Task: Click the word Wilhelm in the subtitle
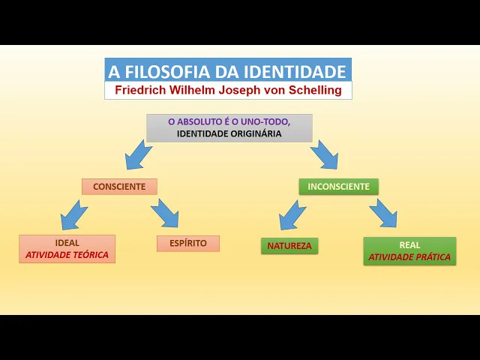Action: (x=193, y=90)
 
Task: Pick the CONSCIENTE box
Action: (x=119, y=187)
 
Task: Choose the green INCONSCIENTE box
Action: (x=338, y=187)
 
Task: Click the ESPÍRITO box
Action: (x=188, y=244)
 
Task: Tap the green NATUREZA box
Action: (x=289, y=245)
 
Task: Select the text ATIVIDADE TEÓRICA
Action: (x=67, y=255)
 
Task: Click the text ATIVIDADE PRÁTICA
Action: (x=409, y=257)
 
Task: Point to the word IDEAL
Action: (x=67, y=243)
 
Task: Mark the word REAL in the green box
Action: (x=409, y=245)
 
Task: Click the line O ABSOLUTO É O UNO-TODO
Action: (x=229, y=121)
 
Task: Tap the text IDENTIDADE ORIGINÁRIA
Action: (x=229, y=134)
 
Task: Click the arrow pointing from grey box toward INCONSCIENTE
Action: (x=323, y=154)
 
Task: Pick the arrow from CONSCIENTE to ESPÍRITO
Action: (x=165, y=213)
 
